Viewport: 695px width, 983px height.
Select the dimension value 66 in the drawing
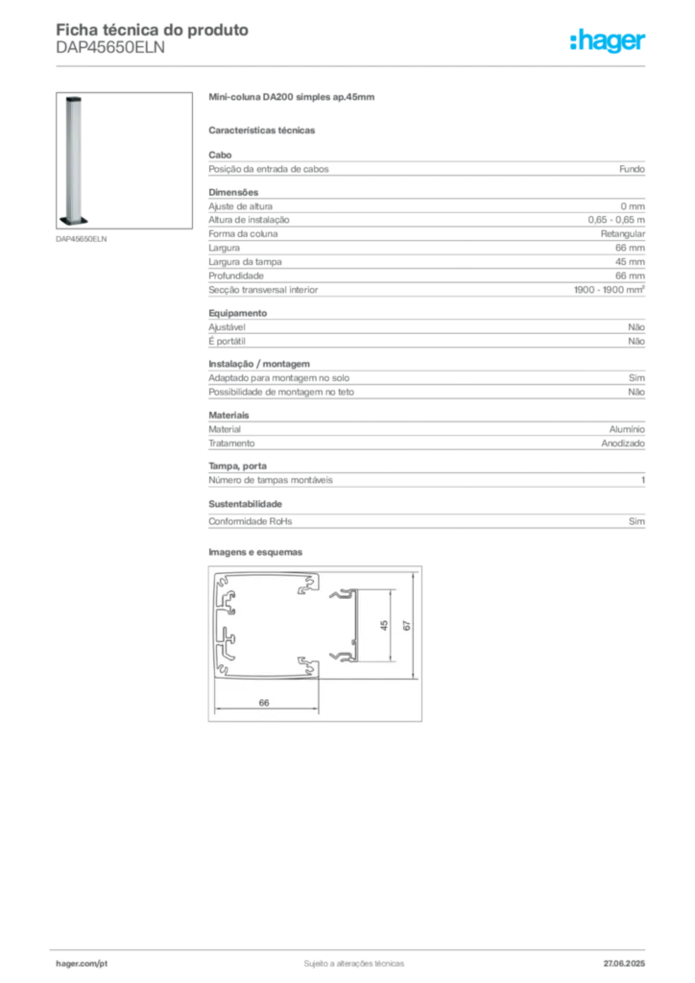pyautogui.click(x=264, y=703)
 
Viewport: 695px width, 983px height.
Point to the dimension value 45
pyautogui.click(x=384, y=625)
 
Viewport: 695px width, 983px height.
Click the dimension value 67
pyautogui.click(x=407, y=625)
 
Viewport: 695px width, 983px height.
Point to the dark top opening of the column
pyautogui.click(x=73, y=98)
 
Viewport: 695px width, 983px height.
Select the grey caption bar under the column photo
pyautogui.click(x=84, y=240)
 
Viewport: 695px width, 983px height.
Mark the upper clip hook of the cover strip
pyautogui.click(x=340, y=595)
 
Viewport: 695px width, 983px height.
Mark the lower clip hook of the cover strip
pyautogui.click(x=340, y=657)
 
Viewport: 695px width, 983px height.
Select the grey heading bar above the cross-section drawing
pyautogui.click(x=257, y=553)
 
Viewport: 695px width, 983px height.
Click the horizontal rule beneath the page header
pyautogui.click(x=353, y=64)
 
